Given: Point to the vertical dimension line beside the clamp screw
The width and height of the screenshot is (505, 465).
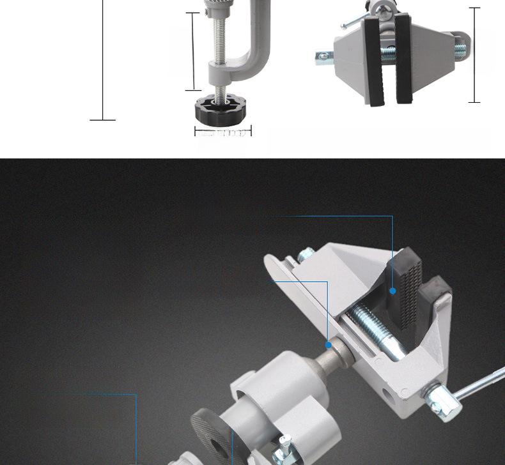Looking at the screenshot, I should [193, 51].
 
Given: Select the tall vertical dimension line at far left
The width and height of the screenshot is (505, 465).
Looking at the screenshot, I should [103, 61].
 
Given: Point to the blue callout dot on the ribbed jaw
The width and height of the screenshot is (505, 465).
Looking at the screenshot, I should [393, 291].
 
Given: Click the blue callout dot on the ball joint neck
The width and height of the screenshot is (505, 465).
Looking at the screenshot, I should [329, 345].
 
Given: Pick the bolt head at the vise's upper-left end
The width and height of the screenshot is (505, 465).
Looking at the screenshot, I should [306, 255].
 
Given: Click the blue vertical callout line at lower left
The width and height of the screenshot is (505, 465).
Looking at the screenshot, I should [136, 428].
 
